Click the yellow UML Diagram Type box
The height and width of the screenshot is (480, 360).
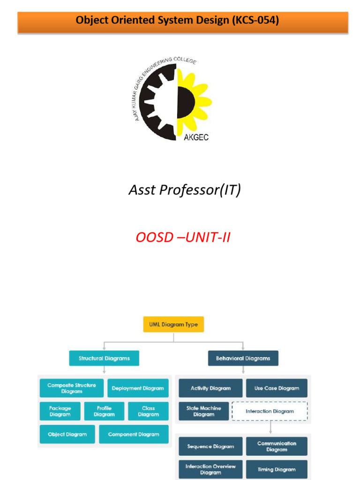pyautogui.click(x=173, y=324)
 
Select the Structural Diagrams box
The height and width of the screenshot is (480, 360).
pyautogui.click(x=104, y=358)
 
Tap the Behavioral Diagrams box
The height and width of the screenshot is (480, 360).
pyautogui.click(x=243, y=358)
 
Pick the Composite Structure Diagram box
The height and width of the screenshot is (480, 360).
pyautogui.click(x=72, y=388)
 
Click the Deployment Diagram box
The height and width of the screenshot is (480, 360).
pyautogui.click(x=138, y=388)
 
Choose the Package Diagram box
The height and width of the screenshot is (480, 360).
pyautogui.click(x=60, y=411)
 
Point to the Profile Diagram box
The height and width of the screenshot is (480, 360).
pyautogui.click(x=104, y=411)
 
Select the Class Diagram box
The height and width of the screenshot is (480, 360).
pyautogui.click(x=148, y=411)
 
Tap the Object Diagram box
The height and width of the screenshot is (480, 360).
pyautogui.click(x=67, y=434)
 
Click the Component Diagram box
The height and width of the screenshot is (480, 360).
pyautogui.click(x=134, y=434)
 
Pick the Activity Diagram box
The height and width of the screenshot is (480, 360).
pyautogui.click(x=210, y=388)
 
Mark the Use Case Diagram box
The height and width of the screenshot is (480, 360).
pyautogui.click(x=277, y=388)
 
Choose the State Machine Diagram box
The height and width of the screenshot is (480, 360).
pyautogui.click(x=203, y=411)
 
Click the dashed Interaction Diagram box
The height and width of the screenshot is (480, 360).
pyautogui.click(x=270, y=411)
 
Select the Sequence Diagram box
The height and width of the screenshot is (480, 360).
pyautogui.click(x=210, y=446)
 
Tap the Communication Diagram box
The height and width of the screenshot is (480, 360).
pyautogui.click(x=277, y=446)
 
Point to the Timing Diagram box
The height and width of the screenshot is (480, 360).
pyautogui.click(x=277, y=469)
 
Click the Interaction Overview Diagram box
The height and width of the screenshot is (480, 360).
pyautogui.click(x=210, y=469)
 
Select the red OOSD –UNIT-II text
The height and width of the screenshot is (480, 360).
pyautogui.click(x=183, y=238)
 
